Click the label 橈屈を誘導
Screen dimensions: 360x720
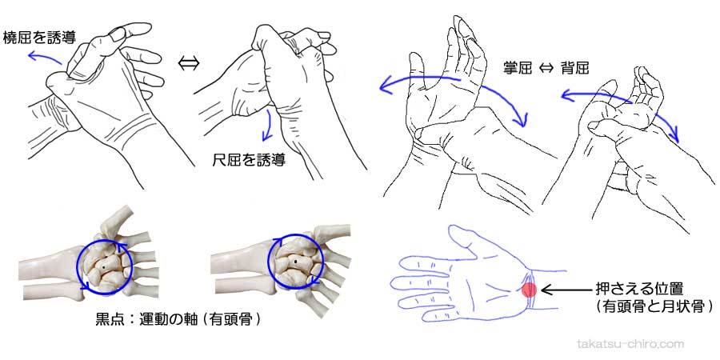(x=40, y=37)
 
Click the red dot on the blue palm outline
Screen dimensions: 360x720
(x=529, y=289)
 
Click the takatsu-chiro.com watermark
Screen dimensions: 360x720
(x=630, y=344)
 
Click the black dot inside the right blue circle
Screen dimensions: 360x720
(x=296, y=261)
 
